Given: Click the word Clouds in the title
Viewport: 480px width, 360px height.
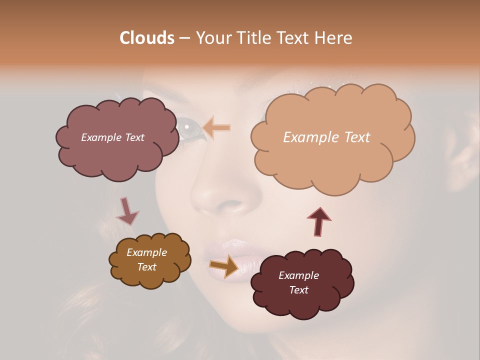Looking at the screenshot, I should [147, 38].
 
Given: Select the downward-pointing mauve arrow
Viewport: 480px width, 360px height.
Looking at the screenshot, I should [127, 211].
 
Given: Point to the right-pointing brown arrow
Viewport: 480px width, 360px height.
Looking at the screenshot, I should [224, 265].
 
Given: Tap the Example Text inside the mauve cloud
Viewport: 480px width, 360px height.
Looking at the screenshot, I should [112, 137].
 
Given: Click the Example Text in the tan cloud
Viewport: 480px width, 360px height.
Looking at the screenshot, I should [326, 137].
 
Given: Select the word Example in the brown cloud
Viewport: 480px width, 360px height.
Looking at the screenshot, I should [146, 252].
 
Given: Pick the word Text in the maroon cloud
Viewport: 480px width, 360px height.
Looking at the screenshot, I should [298, 290].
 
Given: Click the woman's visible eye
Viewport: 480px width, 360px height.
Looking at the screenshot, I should [189, 127].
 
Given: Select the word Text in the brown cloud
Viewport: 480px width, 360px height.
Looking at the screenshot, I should [146, 267].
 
